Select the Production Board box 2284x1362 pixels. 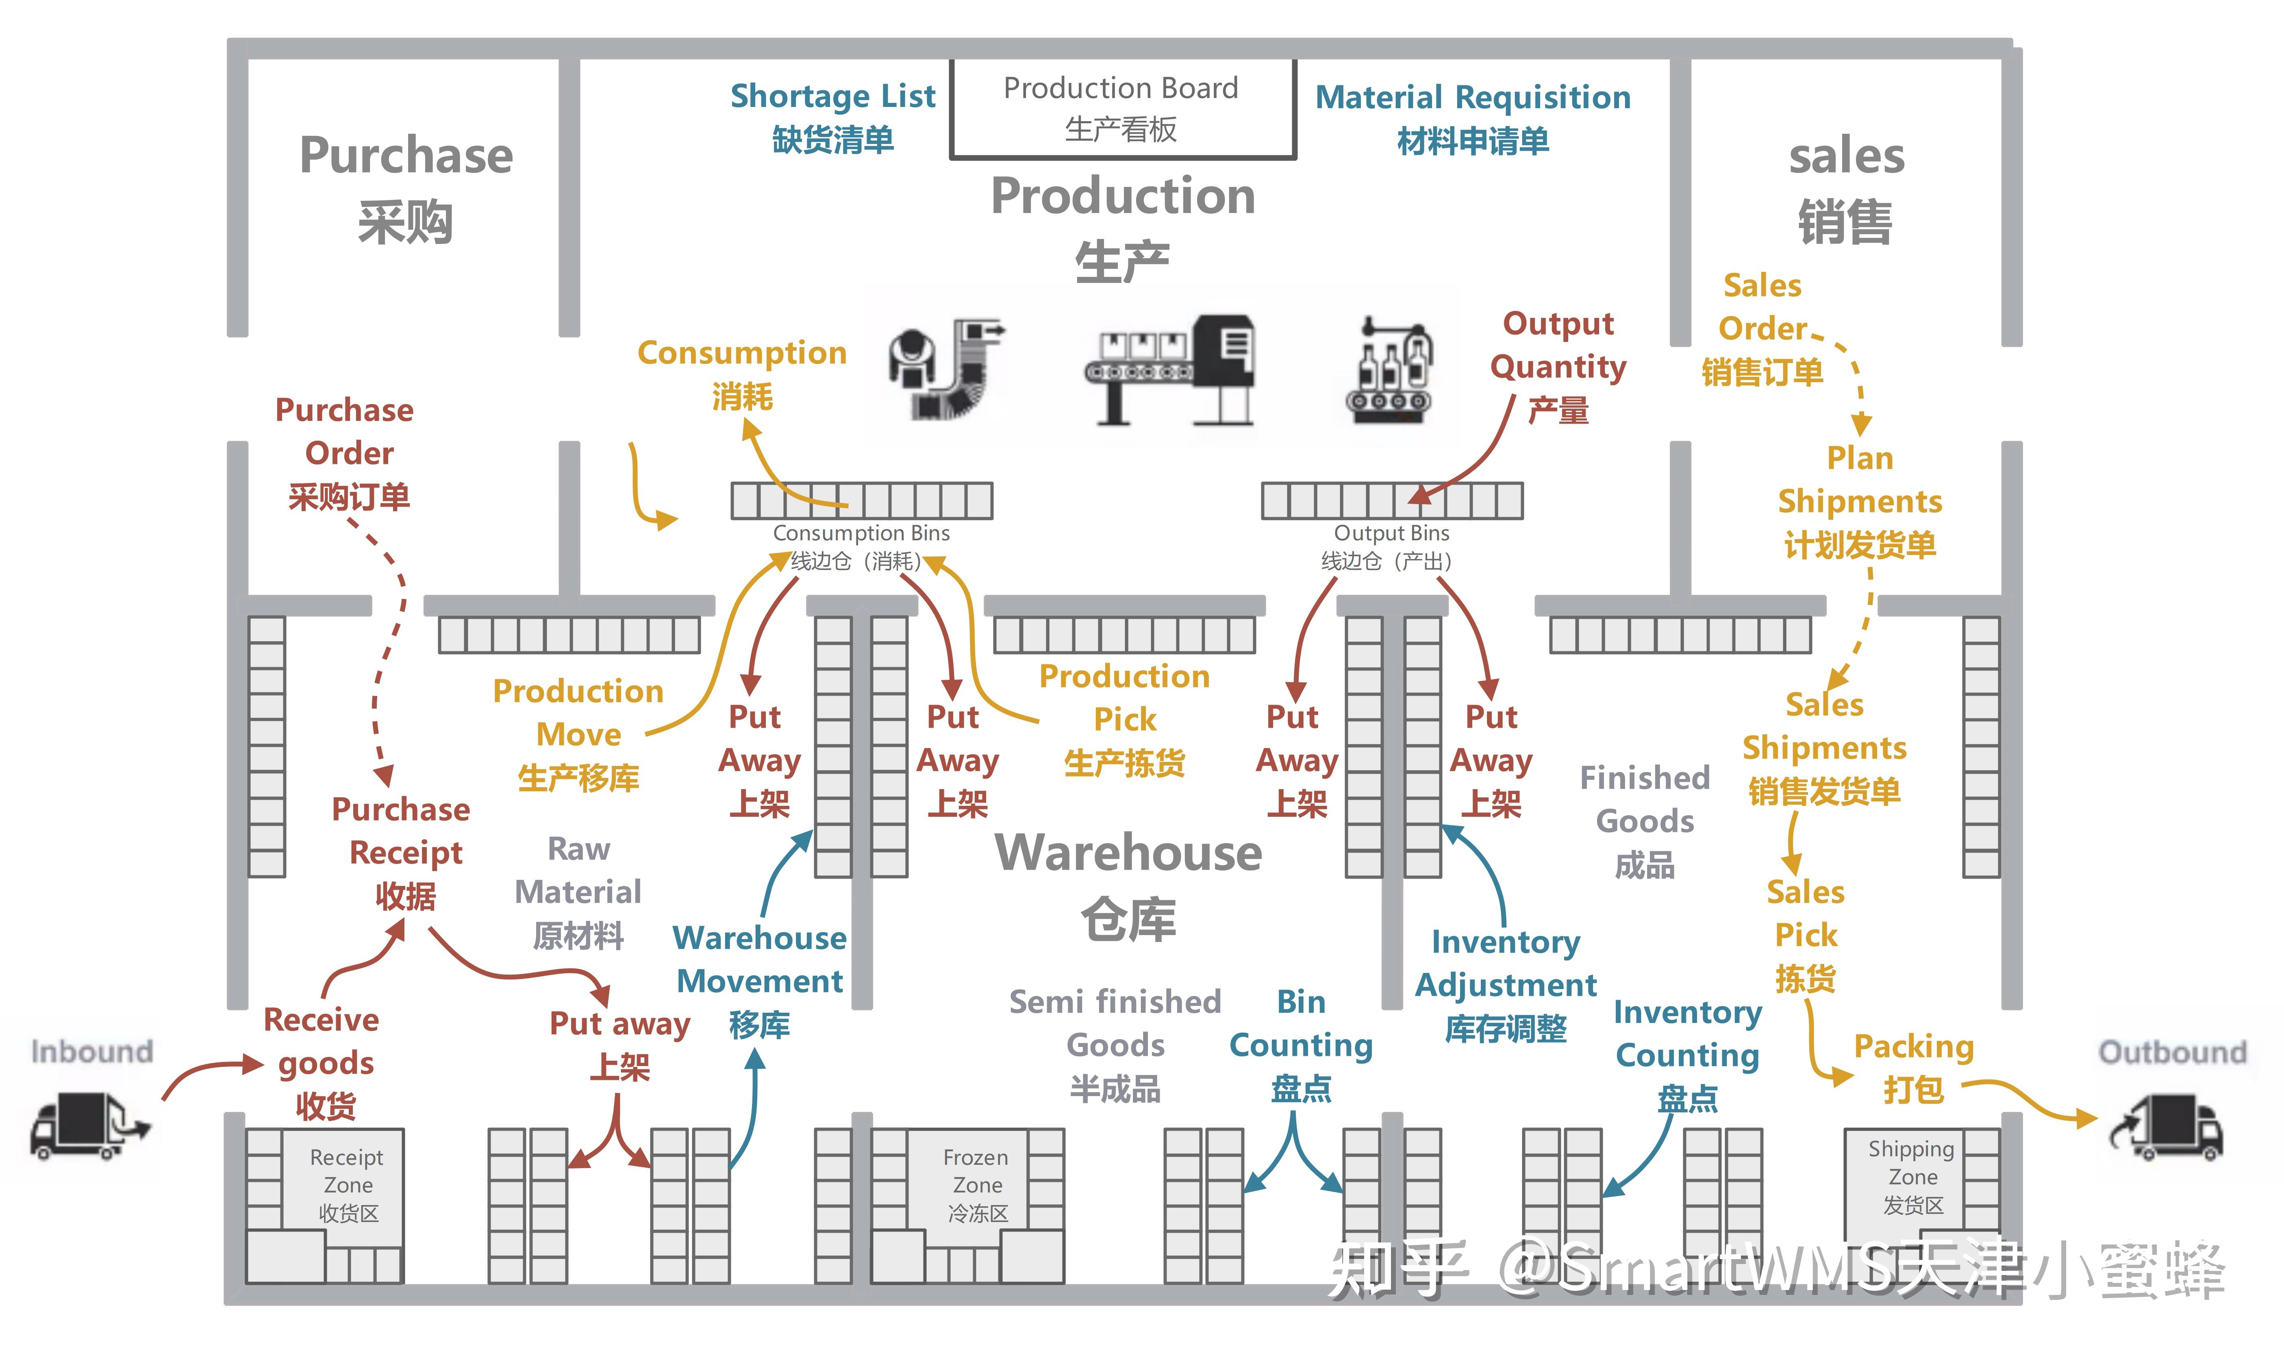(x=1121, y=108)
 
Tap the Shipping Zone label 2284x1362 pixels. (x=1912, y=1177)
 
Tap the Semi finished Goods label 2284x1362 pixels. (x=1115, y=1045)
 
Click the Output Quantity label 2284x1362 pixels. (x=1558, y=366)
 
